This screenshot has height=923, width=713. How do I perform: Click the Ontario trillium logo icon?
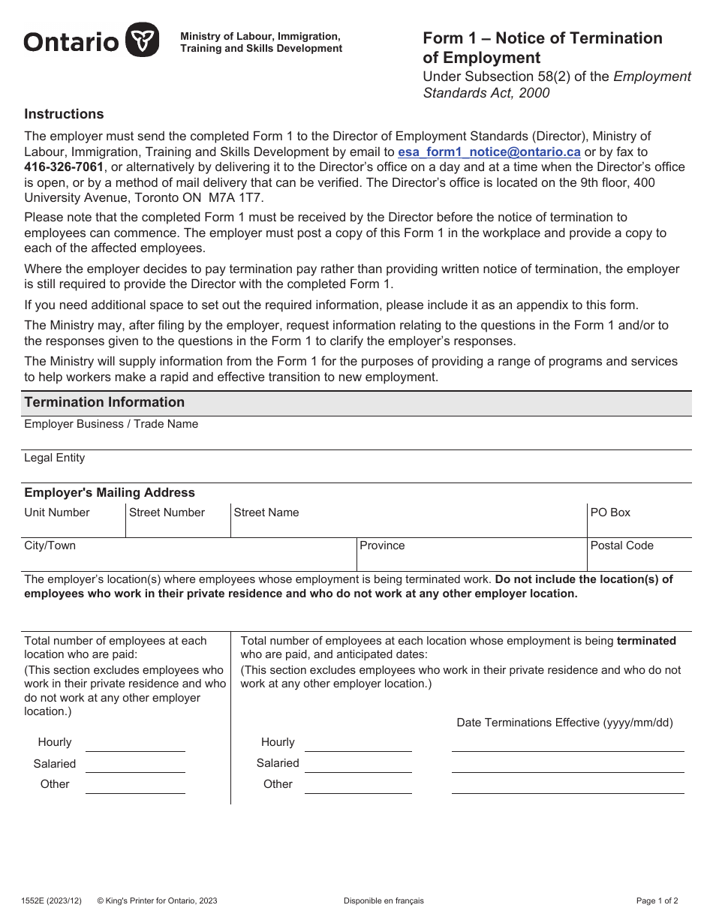pos(142,40)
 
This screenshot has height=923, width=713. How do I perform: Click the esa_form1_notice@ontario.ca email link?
pos(489,152)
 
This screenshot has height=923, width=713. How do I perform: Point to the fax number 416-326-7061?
pos(64,167)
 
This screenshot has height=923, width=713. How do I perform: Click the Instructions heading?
pos(64,114)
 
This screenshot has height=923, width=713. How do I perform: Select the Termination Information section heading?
pos(104,402)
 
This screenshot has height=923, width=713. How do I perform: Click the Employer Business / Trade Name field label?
pos(111,424)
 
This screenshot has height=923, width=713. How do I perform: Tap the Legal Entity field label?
pos(54,458)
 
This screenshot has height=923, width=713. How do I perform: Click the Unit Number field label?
pos(56,513)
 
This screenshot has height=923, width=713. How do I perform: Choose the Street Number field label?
pos(167,513)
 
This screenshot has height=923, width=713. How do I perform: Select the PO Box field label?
pos(610,513)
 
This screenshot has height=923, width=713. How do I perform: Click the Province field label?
pos(382,546)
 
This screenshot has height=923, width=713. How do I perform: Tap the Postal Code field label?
pos(621,546)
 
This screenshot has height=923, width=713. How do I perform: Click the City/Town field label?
pos(50,546)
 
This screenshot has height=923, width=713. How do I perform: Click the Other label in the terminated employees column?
pos(278,784)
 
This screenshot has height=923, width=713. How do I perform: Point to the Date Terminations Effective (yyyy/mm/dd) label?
pos(564,723)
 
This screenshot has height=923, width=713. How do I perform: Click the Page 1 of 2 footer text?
pos(657,900)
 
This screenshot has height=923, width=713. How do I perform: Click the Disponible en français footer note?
pos(384,900)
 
